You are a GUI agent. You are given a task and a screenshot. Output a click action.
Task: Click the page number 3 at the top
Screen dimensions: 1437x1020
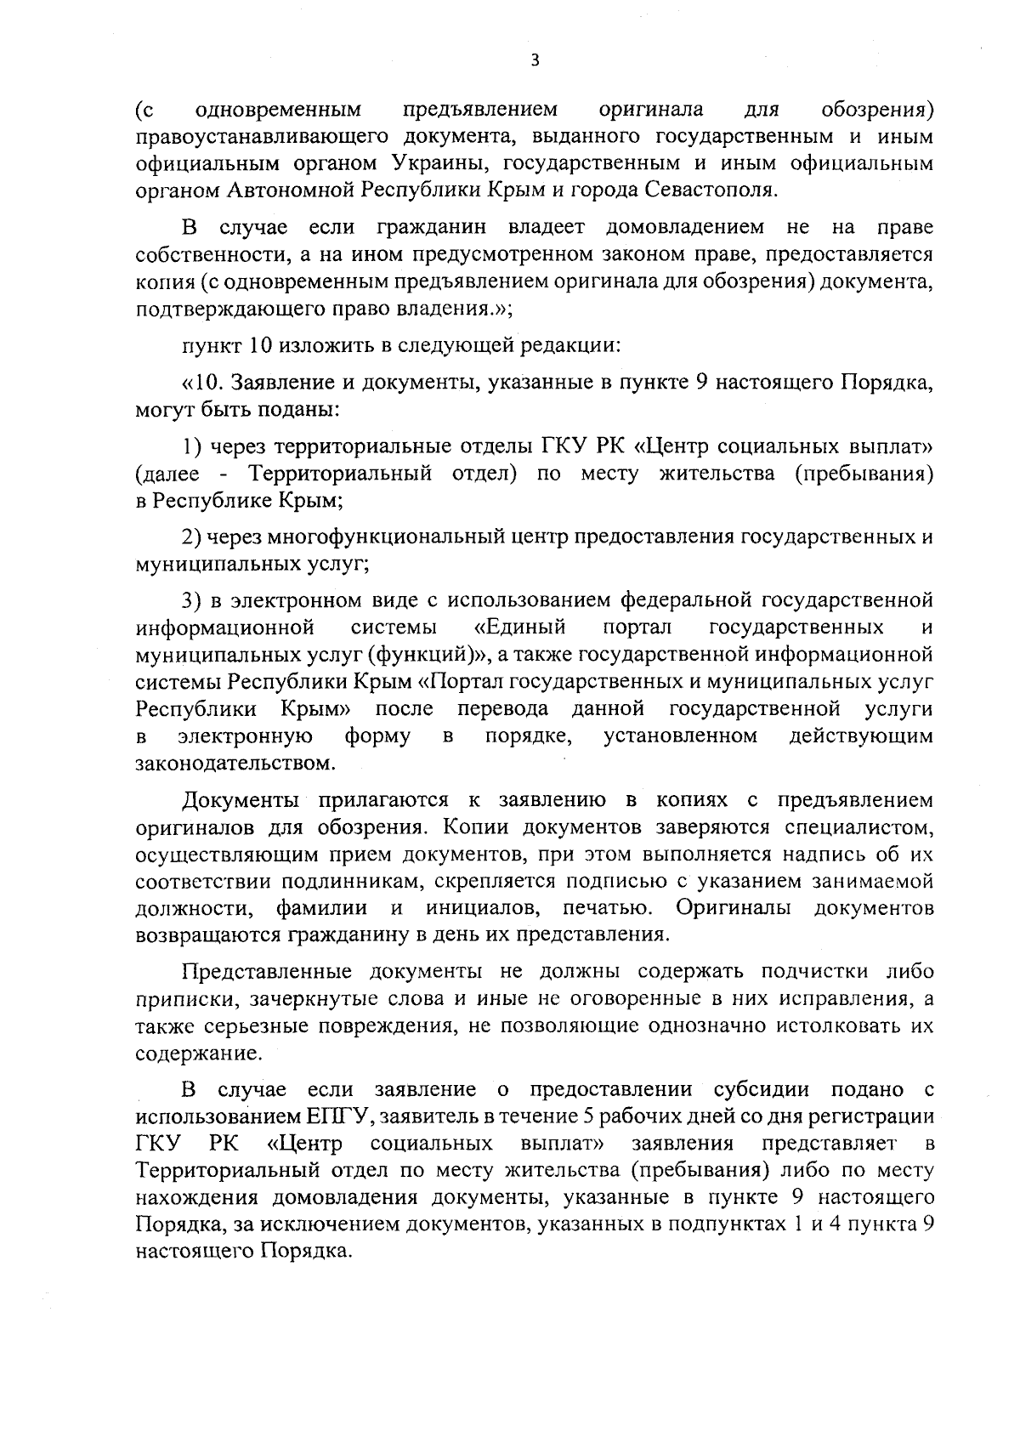click(534, 60)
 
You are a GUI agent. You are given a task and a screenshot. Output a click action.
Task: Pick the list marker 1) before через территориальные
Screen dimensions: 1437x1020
click(192, 446)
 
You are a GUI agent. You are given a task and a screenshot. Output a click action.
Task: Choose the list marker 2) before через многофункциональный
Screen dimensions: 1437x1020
click(192, 537)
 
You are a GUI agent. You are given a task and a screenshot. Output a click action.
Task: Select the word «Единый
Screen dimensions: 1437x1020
click(519, 628)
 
